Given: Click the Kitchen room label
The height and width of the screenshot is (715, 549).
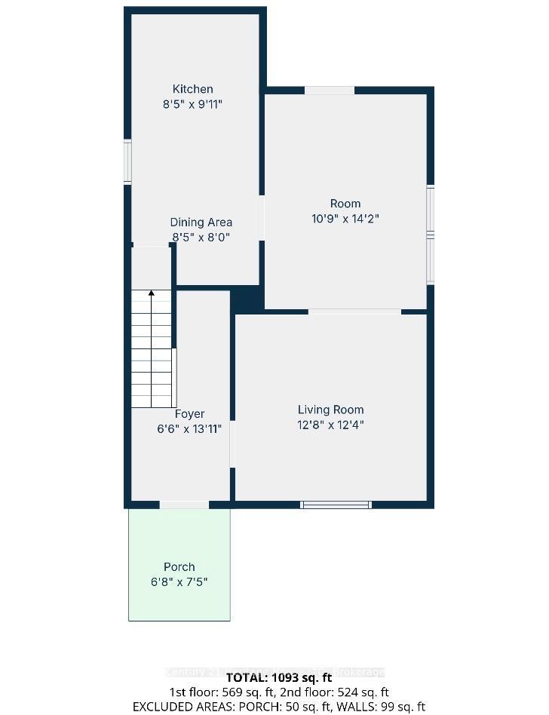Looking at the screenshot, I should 192,89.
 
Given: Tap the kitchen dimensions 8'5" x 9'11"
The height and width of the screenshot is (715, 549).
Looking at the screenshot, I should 192,105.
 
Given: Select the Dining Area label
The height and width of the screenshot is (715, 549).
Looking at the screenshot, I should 201,222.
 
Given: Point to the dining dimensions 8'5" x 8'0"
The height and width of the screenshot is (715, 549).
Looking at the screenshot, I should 201,238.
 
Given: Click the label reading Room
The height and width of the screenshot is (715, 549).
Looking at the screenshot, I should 345,204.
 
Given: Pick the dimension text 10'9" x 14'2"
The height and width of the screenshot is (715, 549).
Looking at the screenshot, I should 345,219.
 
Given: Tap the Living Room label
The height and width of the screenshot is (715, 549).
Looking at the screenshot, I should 330,410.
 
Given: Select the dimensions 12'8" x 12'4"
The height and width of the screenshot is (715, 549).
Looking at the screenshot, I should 330,425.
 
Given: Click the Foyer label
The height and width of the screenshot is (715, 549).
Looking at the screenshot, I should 189,414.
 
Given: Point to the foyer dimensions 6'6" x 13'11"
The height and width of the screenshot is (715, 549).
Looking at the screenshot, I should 189,429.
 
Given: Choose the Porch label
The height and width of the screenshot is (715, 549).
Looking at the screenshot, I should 179,567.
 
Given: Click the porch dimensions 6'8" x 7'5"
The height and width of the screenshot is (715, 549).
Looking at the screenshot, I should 179,582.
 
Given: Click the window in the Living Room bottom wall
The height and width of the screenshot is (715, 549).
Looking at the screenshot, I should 336,505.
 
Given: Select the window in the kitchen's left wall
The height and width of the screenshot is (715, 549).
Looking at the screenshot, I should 128,162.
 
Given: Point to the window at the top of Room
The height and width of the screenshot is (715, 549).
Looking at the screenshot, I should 330,91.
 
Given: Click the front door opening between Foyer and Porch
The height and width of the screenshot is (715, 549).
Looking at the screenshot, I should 184,505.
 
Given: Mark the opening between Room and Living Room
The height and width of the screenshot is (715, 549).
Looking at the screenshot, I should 354,311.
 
